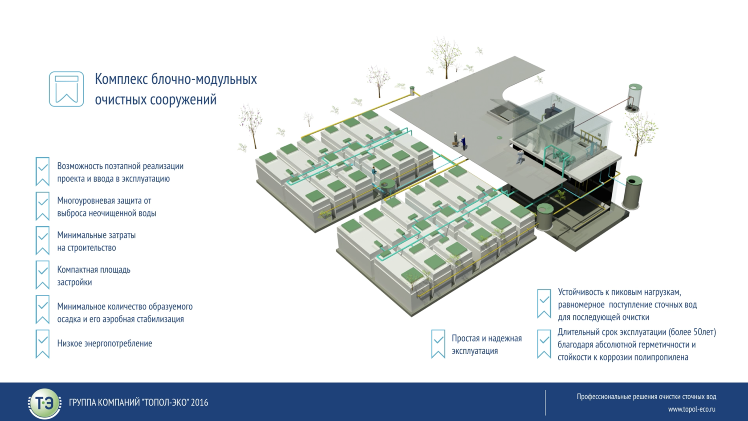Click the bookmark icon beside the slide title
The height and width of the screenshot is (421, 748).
pos(66,89)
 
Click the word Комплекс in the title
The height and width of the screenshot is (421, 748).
pos(121,79)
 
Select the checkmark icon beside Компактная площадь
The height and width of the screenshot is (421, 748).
pos(42,274)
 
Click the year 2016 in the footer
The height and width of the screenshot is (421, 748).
pos(199,402)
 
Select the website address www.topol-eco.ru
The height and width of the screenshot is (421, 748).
pos(691,409)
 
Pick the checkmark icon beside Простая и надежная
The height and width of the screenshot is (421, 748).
pos(438,343)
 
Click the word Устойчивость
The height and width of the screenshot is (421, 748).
pos(580,292)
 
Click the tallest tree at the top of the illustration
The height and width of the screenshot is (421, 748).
pos(446,56)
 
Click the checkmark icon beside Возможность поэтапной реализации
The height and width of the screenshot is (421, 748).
pos(42,171)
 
